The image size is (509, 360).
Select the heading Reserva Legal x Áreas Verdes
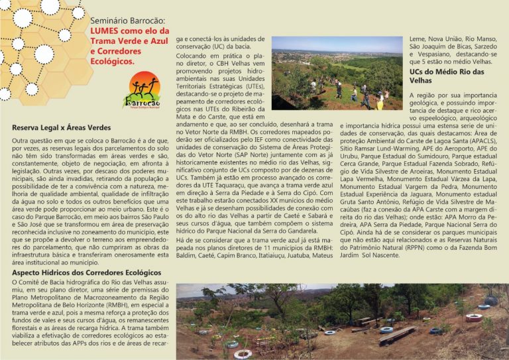click(x=61, y=127)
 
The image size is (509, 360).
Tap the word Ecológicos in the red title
click(x=113, y=61)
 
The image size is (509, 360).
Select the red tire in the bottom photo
click(x=474, y=318)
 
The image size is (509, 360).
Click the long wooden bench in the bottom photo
click(x=397, y=335)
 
